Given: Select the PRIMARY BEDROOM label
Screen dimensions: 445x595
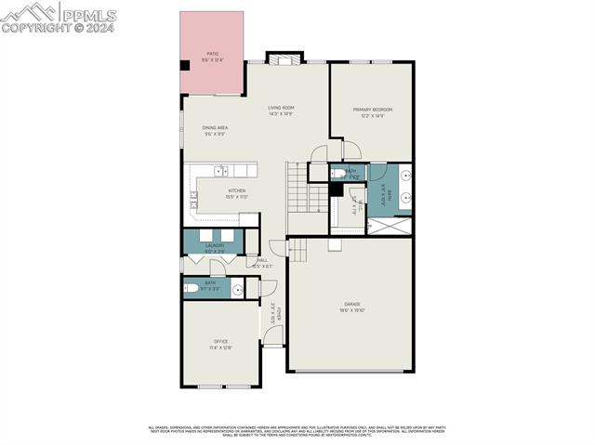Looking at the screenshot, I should coord(371,111).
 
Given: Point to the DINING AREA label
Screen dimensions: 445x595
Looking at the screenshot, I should coord(216,129).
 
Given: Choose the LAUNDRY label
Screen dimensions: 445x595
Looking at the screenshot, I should coord(215,247).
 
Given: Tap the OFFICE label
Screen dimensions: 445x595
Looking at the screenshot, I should coord(221,344).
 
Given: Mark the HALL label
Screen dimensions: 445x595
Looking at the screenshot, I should coord(262,262).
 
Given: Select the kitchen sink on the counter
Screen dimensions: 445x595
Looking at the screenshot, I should coord(222,171).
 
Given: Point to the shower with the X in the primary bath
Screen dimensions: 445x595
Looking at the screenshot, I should coord(389,225).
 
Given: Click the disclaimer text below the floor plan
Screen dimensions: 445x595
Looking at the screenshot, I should coord(297,430).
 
